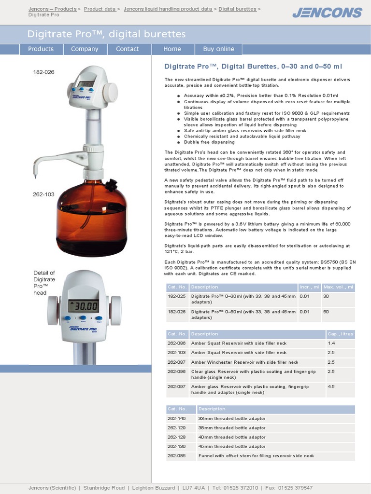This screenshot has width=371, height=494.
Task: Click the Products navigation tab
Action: coord(41,49)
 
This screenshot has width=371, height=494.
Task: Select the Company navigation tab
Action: coord(85,49)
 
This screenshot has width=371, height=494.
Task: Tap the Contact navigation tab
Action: coord(128,49)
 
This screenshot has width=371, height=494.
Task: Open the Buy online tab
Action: coord(218,49)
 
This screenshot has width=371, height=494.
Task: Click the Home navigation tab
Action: coord(172,49)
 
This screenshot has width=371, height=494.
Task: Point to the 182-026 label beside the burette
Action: coord(43,72)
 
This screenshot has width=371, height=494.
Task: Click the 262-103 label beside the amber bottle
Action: coord(43,194)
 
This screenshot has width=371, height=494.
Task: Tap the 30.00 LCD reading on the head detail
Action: coord(84,306)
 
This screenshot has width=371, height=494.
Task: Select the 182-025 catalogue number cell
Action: coord(177,296)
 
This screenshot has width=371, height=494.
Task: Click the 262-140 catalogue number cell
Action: coord(177,418)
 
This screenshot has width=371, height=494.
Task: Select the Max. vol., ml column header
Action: coord(339,287)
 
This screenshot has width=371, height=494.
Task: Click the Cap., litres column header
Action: coord(340,334)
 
